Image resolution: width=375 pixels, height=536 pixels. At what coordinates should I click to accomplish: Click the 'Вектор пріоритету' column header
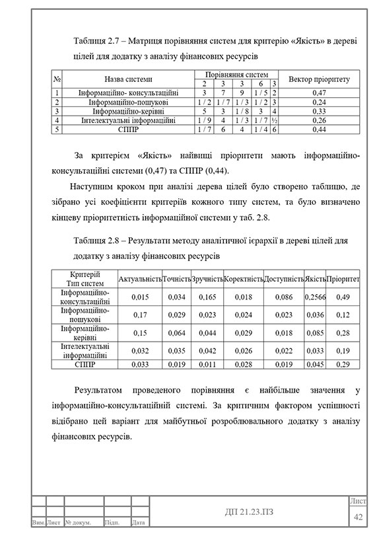click(x=319, y=79)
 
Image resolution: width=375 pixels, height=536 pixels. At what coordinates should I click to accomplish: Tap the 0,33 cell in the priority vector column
click(x=319, y=112)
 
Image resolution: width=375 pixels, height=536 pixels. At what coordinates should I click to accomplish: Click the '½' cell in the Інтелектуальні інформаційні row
click(x=273, y=121)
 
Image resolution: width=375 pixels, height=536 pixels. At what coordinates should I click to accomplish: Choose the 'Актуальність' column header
click(x=140, y=280)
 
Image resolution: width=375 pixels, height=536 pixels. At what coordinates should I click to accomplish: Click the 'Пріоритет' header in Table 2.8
click(x=343, y=280)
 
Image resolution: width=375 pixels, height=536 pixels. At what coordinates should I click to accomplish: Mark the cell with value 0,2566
click(x=316, y=297)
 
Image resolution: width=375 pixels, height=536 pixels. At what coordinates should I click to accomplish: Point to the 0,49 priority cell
click(x=343, y=297)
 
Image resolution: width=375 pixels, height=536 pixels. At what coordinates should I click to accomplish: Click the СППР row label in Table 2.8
click(x=85, y=364)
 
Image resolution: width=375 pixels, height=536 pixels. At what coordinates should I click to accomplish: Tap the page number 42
click(x=359, y=516)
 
